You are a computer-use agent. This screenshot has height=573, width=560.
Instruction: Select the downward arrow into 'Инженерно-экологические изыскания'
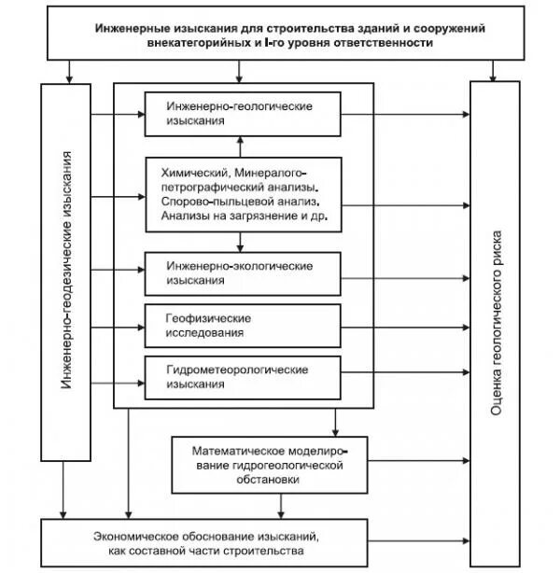click(x=240, y=244)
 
